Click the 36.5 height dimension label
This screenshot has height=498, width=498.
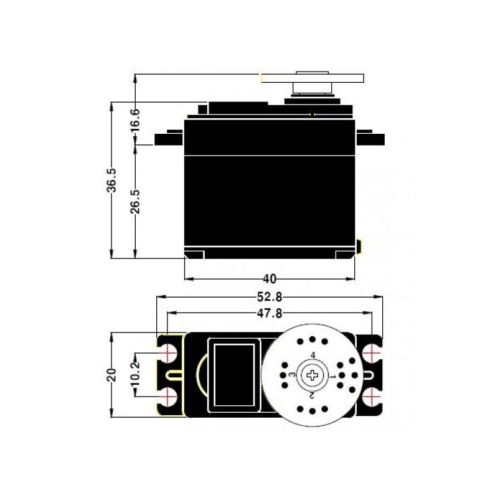click(111, 181)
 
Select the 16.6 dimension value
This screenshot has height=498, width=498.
click(135, 118)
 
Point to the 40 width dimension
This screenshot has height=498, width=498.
click(270, 278)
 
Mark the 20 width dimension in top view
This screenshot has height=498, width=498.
click(111, 375)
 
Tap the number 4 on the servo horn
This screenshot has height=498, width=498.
click(312, 355)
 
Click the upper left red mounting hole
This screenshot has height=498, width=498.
click(168, 353)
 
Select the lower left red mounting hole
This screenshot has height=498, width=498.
click(168, 396)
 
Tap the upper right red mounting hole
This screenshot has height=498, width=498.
click(372, 353)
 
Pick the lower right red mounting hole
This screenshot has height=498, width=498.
click(372, 396)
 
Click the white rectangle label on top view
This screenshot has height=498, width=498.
click(232, 374)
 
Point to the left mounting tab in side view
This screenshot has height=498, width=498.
click(169, 138)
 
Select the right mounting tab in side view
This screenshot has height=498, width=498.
click(370, 138)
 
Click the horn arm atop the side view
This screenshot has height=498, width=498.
click(311, 78)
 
